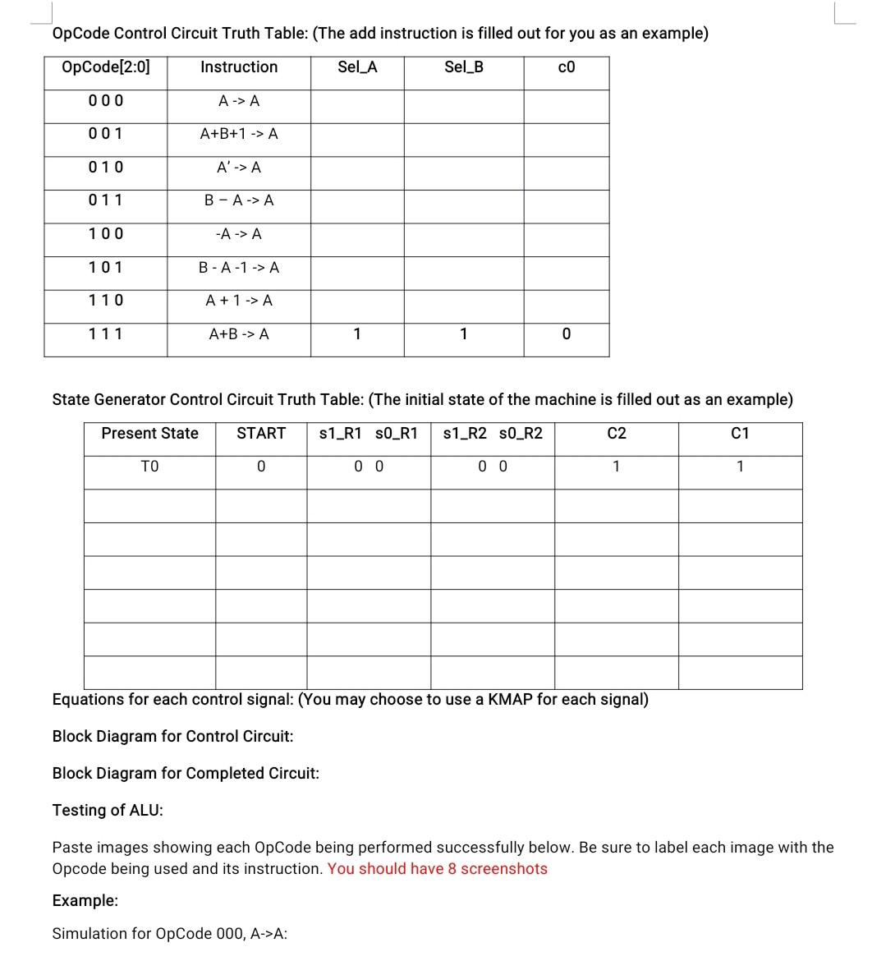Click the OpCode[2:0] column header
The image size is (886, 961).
(x=106, y=67)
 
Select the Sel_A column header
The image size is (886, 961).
(x=357, y=67)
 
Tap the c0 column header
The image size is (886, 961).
(x=567, y=67)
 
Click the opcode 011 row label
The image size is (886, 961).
(x=106, y=200)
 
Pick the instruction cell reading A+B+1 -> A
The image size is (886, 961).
(x=239, y=133)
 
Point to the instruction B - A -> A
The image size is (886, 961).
(x=239, y=200)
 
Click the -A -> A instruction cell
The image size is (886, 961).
(x=239, y=234)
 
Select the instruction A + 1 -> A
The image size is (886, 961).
(x=239, y=301)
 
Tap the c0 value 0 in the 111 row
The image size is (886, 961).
(x=567, y=334)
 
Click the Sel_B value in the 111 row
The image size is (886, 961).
(x=464, y=334)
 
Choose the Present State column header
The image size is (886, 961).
(x=149, y=433)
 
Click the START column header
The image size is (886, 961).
(x=261, y=433)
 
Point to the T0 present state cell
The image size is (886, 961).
(x=149, y=467)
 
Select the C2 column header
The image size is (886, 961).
(x=617, y=433)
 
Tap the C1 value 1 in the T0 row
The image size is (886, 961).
(x=740, y=467)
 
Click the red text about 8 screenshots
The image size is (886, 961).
(x=437, y=869)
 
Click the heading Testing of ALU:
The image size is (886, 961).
(x=108, y=810)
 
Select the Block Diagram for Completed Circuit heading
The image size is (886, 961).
(x=186, y=773)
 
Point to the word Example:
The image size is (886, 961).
(x=85, y=900)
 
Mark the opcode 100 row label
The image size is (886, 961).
(x=106, y=234)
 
